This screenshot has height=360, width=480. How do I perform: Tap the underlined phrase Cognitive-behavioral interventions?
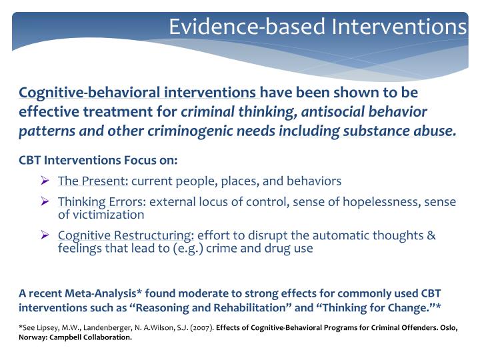pos(137,92)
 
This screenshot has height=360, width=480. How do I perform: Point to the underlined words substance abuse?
pos(399,131)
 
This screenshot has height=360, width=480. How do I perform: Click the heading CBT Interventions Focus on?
pos(99,161)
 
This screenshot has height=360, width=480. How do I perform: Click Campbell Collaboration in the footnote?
pos(94,337)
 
